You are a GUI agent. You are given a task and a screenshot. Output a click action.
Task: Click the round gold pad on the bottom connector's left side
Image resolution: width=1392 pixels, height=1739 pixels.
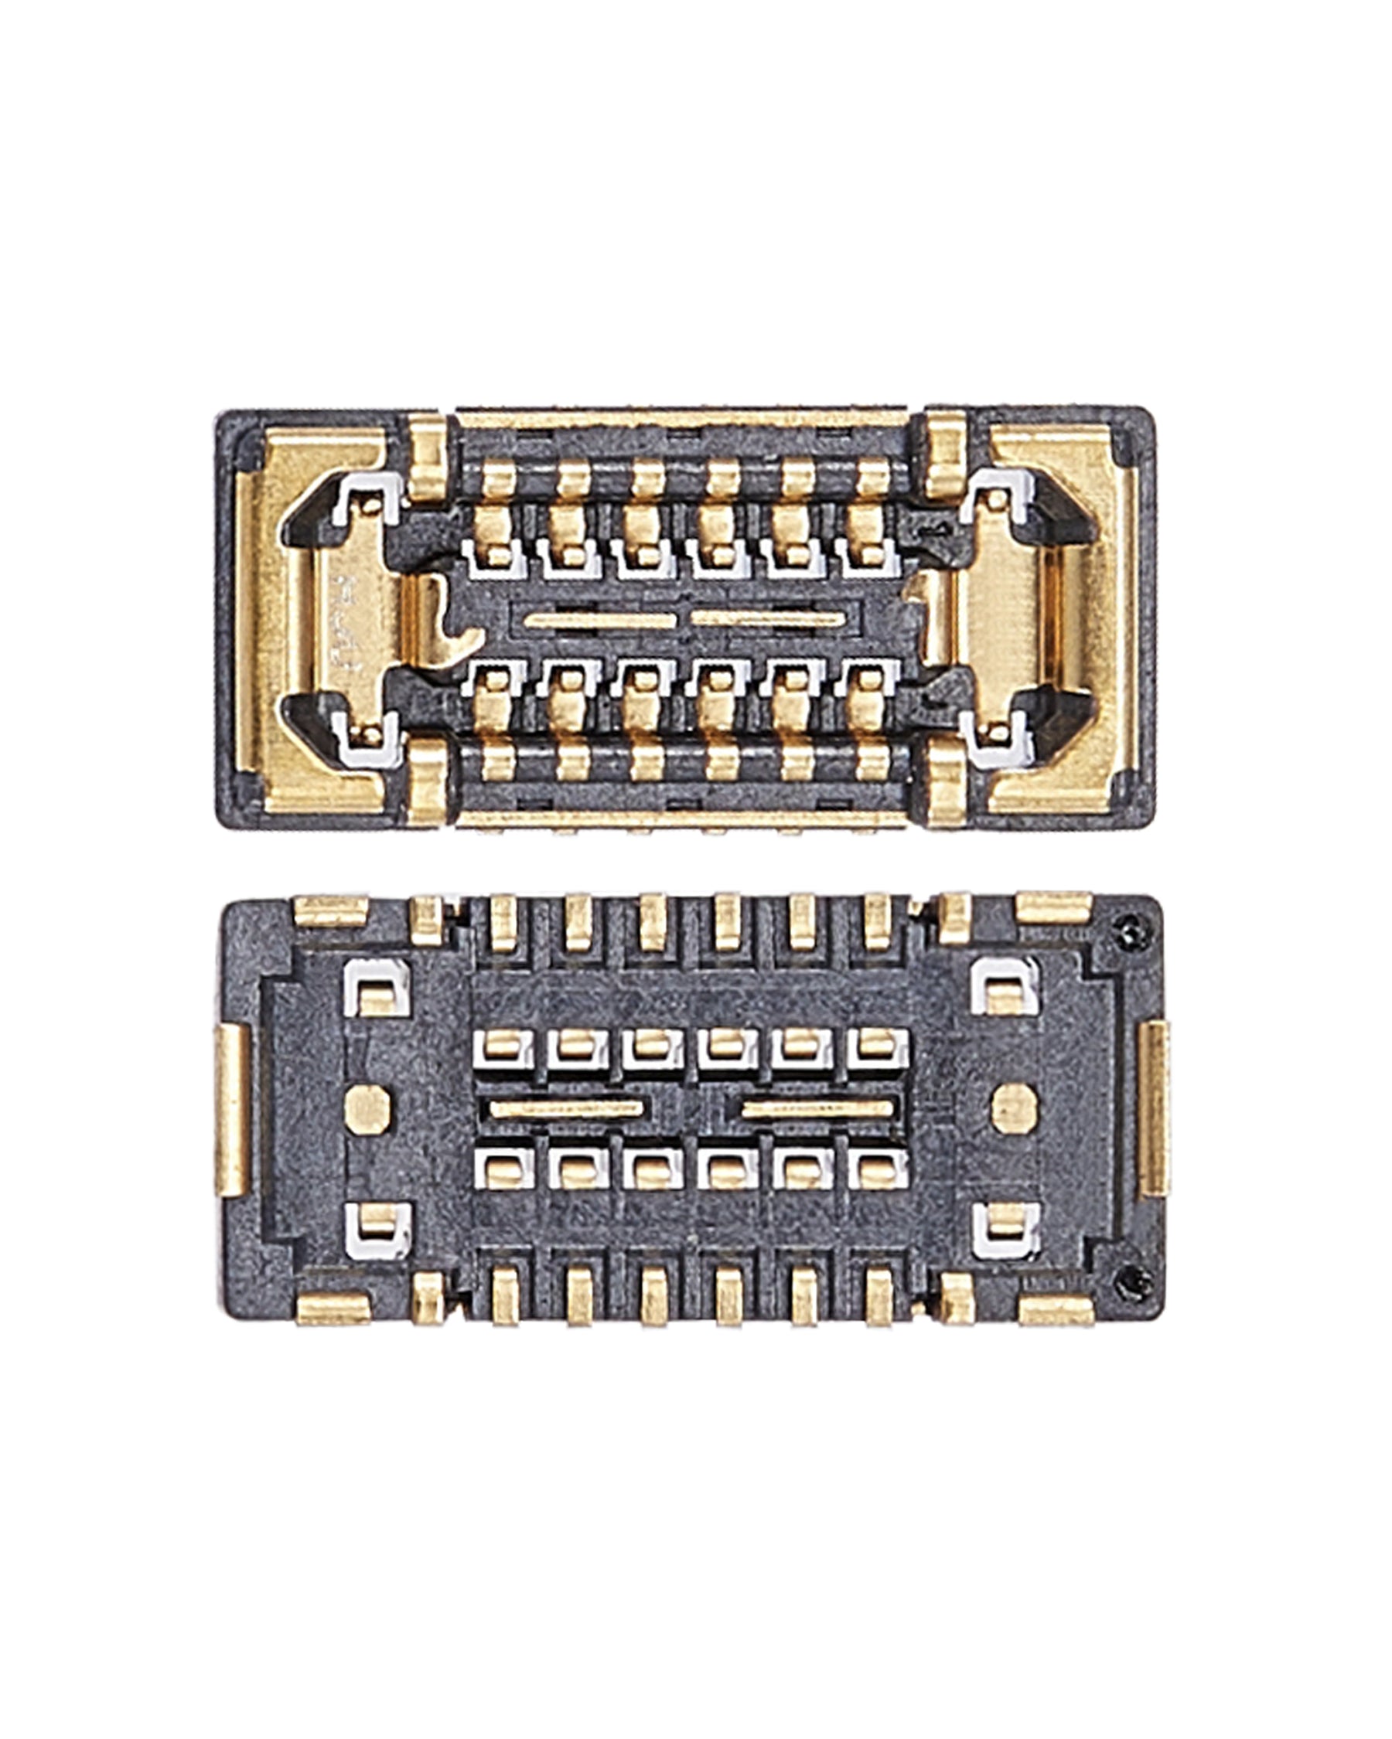pyautogui.click(x=367, y=1108)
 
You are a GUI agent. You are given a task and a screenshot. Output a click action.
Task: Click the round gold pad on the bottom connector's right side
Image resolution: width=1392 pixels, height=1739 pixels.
pyautogui.click(x=1015, y=1108)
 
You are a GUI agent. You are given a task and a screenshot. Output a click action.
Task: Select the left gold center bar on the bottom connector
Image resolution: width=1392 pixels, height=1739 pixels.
pyautogui.click(x=567, y=1109)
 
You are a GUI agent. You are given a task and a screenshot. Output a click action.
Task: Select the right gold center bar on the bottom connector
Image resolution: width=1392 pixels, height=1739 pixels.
pyautogui.click(x=817, y=1109)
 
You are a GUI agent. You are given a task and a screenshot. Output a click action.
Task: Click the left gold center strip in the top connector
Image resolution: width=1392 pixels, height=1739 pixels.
pyautogui.click(x=599, y=621)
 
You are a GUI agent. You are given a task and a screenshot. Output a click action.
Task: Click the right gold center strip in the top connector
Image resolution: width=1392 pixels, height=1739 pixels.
pyautogui.click(x=766, y=619)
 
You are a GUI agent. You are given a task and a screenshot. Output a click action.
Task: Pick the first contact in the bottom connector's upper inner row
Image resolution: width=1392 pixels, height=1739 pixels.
pyautogui.click(x=503, y=1049)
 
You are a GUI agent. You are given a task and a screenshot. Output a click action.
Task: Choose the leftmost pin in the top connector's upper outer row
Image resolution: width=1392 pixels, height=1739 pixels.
pyautogui.click(x=498, y=479)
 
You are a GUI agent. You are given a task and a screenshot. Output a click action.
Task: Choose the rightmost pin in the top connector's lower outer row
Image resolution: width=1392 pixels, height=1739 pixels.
pyautogui.click(x=872, y=761)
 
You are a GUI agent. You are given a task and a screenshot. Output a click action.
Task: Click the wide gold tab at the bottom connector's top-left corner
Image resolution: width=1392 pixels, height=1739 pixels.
pyautogui.click(x=331, y=910)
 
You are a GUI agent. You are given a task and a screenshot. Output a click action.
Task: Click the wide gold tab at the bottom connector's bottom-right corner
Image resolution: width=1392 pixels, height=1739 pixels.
pyautogui.click(x=1056, y=1310)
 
